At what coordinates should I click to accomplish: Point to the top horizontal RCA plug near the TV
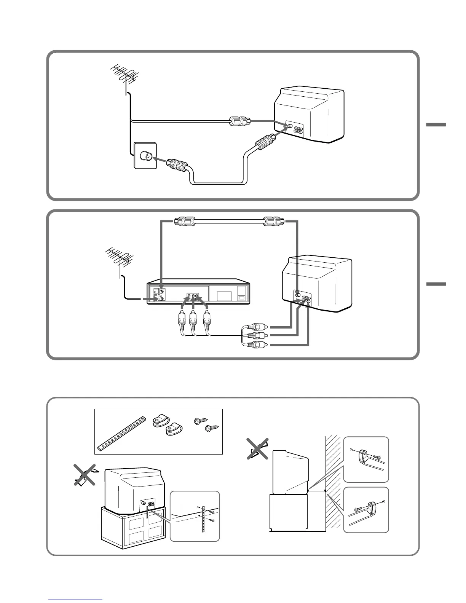click(254, 327)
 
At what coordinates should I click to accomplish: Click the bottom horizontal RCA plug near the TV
click(254, 345)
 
